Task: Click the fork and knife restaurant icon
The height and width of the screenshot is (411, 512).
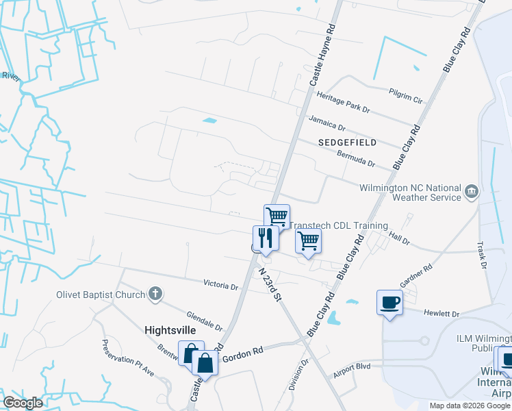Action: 266,238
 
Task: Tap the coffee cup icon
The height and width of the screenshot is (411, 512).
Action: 389,302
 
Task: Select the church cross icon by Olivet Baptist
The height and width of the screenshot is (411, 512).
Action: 155,295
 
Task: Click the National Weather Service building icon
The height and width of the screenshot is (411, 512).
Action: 471,190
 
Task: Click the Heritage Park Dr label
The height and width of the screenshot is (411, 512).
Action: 340,109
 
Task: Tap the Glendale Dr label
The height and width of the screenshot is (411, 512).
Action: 205,318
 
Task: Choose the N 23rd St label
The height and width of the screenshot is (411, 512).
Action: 270,283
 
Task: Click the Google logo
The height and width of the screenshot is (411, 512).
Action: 23,403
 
